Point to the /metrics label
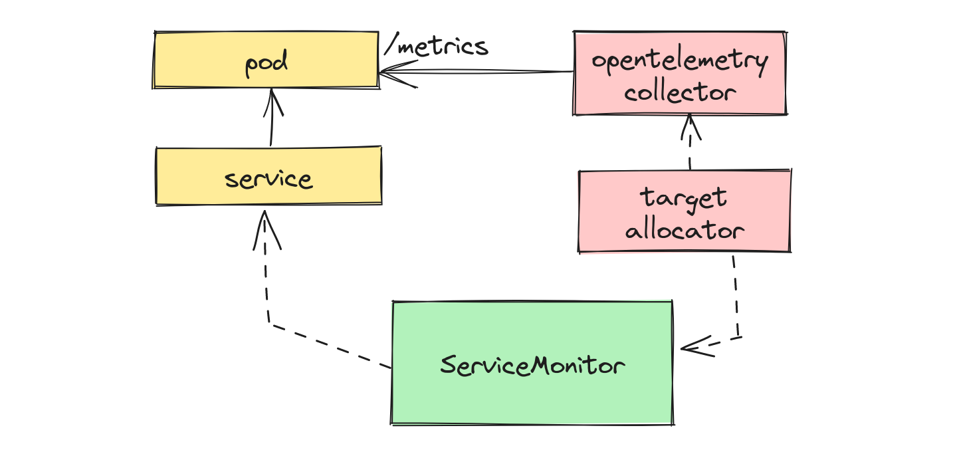pos(437,47)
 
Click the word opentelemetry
pos(679,62)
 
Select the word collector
pos(679,92)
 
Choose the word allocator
pos(684,230)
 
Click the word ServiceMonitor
pos(532,365)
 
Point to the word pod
pos(266,64)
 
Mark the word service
pos(268,179)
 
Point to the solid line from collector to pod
pos(492,72)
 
